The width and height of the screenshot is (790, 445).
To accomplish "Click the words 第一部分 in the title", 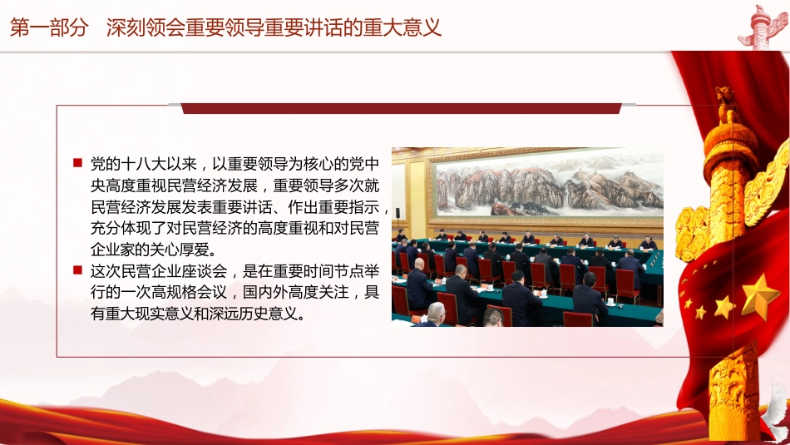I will (48, 27).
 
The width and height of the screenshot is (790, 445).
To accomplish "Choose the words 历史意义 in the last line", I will (279, 314).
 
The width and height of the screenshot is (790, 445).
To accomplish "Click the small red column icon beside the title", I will (763, 25).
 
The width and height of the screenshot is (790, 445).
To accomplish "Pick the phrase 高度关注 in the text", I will (323, 293).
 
